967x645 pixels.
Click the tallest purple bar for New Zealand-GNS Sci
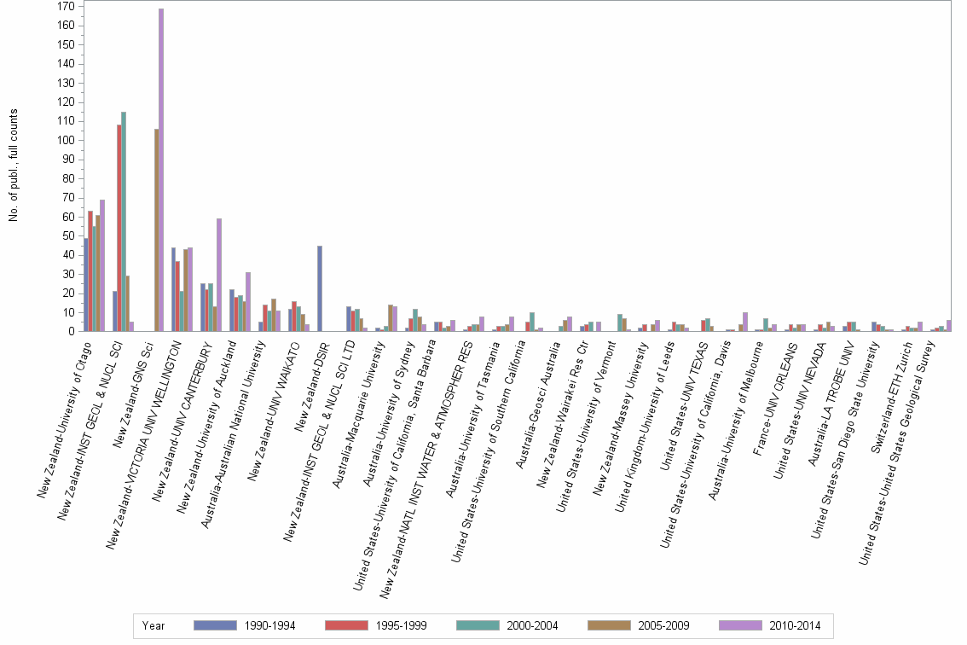(x=161, y=171)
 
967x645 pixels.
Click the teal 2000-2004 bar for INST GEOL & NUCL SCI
(x=124, y=222)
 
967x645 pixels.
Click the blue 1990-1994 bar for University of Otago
(x=86, y=285)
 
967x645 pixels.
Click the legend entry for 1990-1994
(x=246, y=626)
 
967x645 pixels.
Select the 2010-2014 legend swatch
(x=740, y=626)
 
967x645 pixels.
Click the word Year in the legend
(x=153, y=626)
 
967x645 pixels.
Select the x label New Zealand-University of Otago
(x=72, y=410)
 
